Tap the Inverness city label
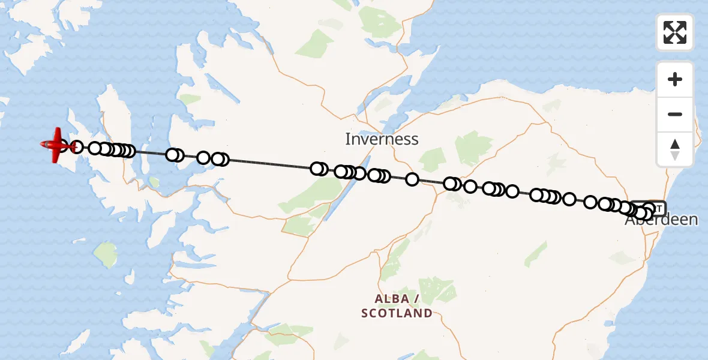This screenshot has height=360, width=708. click(382, 139)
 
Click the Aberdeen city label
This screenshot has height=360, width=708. click(661, 220)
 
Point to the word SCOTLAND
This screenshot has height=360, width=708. click(397, 313)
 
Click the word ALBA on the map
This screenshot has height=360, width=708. click(392, 299)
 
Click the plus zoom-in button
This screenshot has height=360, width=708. click(675, 79)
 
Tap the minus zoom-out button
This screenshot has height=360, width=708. click(675, 114)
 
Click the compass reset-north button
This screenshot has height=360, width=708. click(675, 149)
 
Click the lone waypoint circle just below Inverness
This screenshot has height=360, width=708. click(412, 179)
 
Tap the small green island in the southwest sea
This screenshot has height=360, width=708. click(105, 254)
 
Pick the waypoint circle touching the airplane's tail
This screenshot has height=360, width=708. click(77, 146)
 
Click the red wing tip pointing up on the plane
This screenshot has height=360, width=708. click(58, 132)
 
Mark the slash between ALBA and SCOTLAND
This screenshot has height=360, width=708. click(416, 299)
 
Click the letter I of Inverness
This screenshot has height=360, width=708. click(347, 139)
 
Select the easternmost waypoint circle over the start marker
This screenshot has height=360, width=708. click(649, 209)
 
